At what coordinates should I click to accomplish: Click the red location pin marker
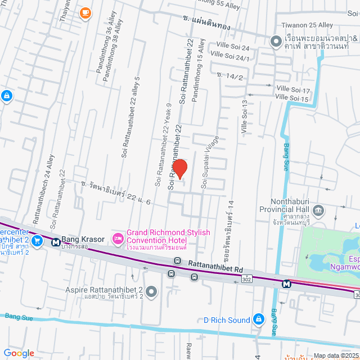(179, 169)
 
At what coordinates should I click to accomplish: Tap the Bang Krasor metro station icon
(56, 242)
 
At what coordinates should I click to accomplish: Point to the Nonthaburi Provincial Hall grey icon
(319, 211)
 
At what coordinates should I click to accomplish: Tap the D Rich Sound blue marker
(258, 319)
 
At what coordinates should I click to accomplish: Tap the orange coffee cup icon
(85, 12)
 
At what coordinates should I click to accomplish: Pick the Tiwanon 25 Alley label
(307, 25)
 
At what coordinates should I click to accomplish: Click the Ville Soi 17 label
(293, 90)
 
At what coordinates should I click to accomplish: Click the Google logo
(19, 353)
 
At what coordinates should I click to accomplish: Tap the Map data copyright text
(335, 355)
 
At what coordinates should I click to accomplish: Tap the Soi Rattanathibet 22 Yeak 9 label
(163, 145)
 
